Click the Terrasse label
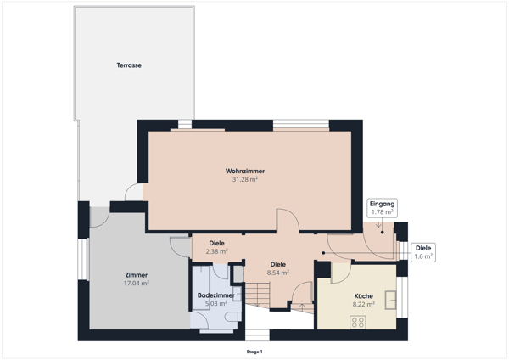129,65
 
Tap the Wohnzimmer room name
245,171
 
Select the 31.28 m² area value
245,179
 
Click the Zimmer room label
137,275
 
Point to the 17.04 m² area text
137,283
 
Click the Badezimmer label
215,295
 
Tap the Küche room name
364,296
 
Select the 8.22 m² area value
364,304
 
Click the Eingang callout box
383,208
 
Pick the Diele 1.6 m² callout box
423,252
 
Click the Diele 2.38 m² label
216,247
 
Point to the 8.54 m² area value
278,273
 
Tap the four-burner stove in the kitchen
358,322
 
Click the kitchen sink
390,300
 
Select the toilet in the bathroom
233,317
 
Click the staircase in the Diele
257,295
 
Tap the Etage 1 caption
255,352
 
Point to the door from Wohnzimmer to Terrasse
134,192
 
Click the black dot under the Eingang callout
383,233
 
